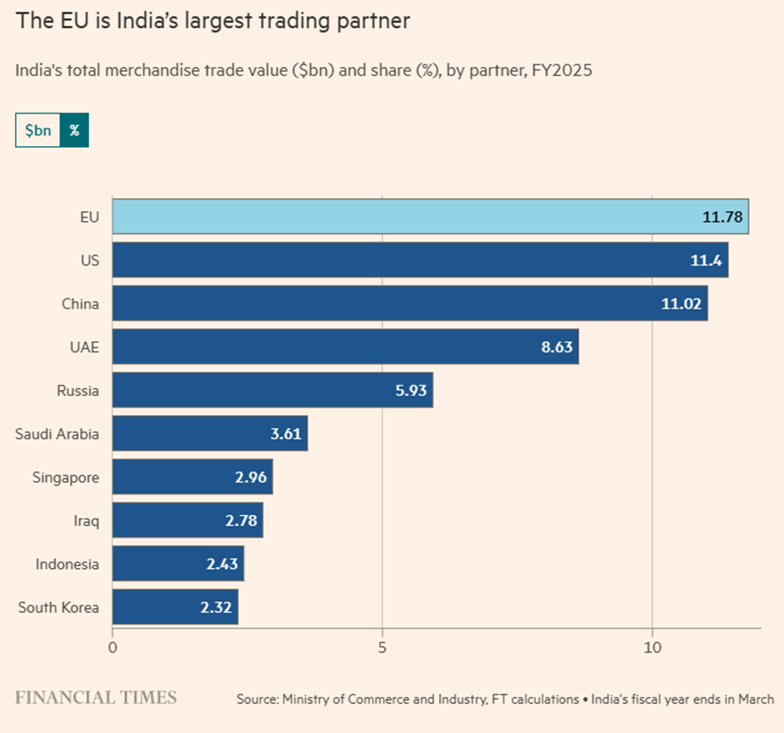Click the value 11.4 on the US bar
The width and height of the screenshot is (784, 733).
[x=705, y=260]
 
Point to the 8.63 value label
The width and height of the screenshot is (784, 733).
[x=557, y=347]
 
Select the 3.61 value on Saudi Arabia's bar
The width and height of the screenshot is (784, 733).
[x=286, y=434]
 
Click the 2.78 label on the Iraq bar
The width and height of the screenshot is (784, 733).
[x=241, y=521]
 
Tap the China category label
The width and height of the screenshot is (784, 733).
[x=80, y=304]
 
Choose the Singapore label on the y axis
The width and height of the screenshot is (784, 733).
[x=66, y=478]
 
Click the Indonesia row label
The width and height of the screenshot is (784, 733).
[x=67, y=565]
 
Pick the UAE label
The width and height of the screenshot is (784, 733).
[x=84, y=347]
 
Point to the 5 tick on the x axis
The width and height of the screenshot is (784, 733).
[x=382, y=647]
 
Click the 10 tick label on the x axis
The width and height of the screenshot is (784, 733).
[x=652, y=647]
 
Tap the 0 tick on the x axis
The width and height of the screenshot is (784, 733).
[x=113, y=647]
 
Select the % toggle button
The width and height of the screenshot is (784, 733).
[x=74, y=131]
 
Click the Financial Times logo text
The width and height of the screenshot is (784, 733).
[x=96, y=697]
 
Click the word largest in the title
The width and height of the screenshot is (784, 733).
[x=254, y=21]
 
